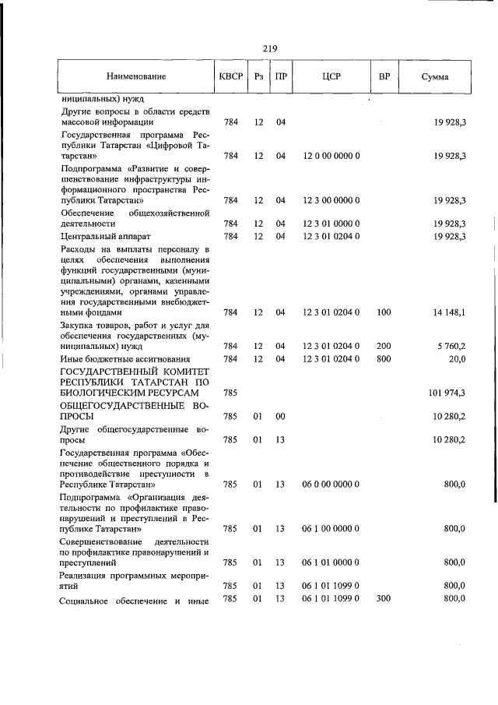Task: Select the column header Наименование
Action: point(136,78)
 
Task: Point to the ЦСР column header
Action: point(331,78)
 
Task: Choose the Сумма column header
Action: point(434,78)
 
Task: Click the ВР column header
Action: point(384,78)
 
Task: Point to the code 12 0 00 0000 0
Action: point(331,156)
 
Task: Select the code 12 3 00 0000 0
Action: point(331,200)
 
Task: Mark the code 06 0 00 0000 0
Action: point(331,484)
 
